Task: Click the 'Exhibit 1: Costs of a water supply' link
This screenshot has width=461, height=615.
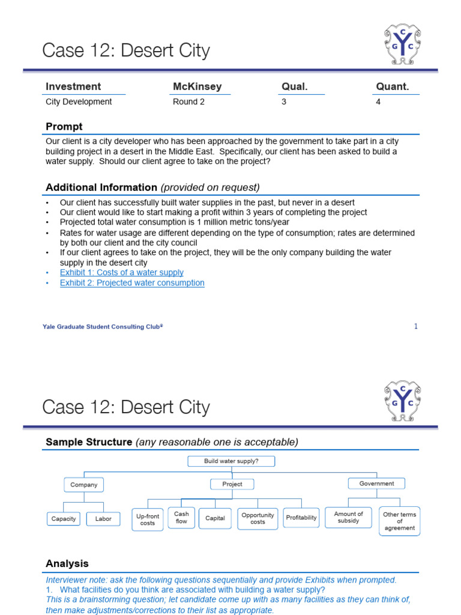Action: [122, 273]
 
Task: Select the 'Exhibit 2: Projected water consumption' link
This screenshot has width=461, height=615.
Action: [132, 283]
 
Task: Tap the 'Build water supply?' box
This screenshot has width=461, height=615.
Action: [231, 461]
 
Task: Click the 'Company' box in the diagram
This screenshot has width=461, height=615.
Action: [83, 485]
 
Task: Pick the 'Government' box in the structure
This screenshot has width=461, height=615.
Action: [376, 483]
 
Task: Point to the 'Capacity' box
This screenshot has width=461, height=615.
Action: [64, 519]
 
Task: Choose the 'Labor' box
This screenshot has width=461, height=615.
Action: [103, 519]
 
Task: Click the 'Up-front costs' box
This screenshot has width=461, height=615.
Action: [148, 520]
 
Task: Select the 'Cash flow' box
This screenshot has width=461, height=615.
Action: [181, 518]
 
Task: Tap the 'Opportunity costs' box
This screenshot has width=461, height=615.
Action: [258, 519]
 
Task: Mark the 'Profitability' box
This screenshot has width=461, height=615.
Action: [301, 518]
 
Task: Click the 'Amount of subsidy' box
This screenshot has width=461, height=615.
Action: [349, 518]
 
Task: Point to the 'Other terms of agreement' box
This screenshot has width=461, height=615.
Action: [400, 521]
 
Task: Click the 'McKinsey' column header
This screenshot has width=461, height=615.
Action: [197, 86]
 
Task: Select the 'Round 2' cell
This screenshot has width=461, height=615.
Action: [188, 102]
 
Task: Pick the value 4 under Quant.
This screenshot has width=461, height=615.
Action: [378, 102]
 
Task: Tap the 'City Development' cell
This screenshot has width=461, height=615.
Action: [79, 102]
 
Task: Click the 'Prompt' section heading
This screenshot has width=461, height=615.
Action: [64, 127]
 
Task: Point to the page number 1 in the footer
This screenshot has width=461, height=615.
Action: [415, 326]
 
